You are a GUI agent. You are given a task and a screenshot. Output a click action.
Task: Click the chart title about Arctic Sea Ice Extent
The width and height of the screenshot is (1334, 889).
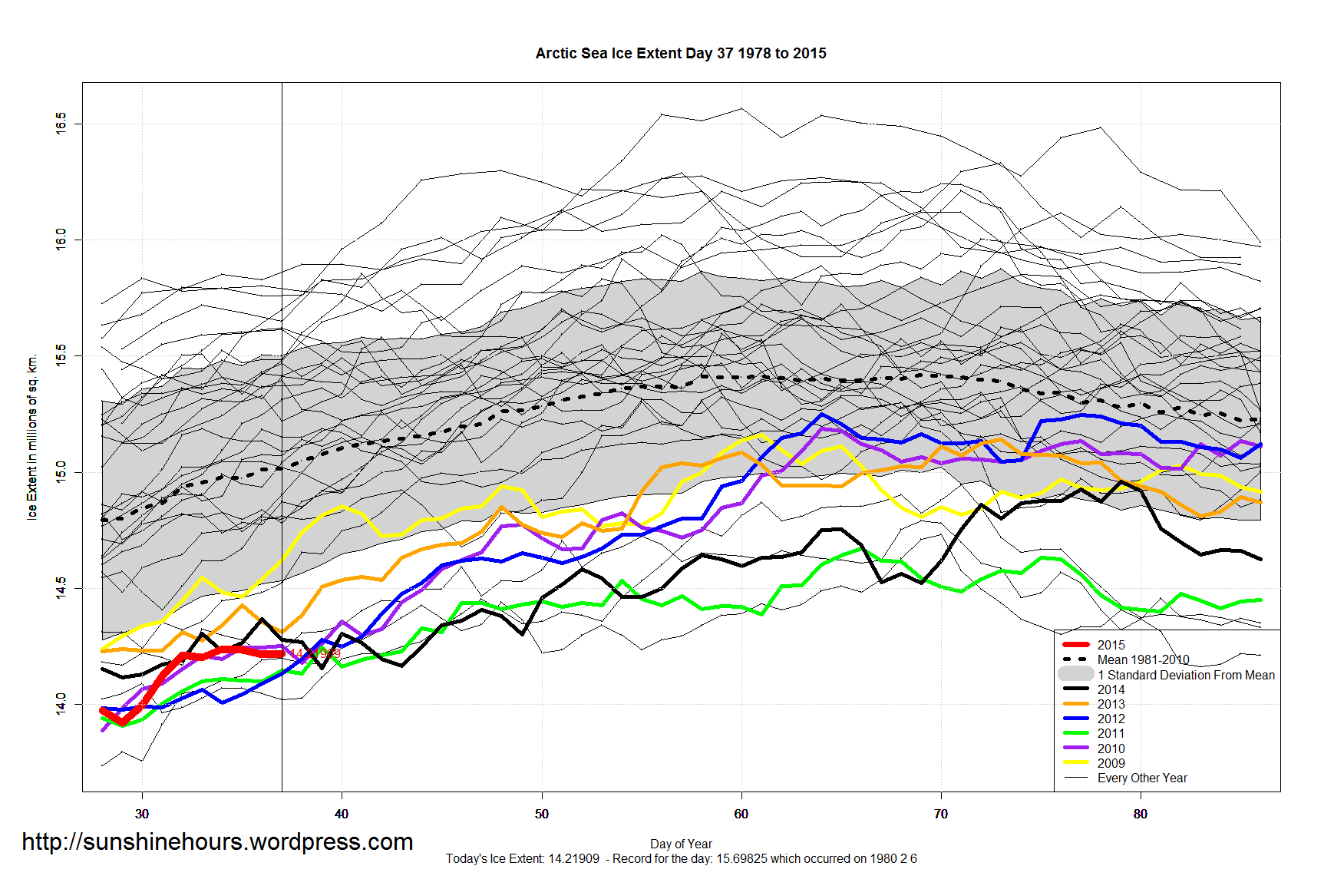click(x=681, y=53)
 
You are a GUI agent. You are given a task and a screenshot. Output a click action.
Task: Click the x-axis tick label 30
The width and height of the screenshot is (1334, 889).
click(x=142, y=814)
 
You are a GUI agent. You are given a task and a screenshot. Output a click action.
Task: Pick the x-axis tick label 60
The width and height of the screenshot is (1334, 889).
click(x=741, y=814)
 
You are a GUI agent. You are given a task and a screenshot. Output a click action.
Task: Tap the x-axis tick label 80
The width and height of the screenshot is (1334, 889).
click(x=1140, y=814)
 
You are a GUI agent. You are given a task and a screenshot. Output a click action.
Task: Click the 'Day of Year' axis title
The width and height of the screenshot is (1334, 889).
click(x=681, y=844)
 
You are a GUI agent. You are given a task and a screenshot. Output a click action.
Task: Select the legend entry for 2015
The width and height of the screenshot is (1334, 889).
click(x=1111, y=645)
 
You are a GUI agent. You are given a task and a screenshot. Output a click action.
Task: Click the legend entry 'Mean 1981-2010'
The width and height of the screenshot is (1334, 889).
click(x=1143, y=659)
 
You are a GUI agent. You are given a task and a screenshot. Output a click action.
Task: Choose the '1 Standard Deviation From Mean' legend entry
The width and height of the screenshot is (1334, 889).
click(x=1186, y=675)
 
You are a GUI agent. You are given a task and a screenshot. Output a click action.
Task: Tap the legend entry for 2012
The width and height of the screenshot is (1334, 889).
click(x=1111, y=719)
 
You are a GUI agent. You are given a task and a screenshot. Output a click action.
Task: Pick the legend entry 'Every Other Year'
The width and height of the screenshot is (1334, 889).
click(x=1142, y=778)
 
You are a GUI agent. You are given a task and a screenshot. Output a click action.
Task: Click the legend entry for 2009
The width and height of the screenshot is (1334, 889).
click(x=1111, y=763)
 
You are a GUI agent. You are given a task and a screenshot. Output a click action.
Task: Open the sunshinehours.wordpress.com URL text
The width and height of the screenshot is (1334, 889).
click(x=217, y=841)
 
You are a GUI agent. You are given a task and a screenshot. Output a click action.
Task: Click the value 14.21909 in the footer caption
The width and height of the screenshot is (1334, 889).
click(x=573, y=858)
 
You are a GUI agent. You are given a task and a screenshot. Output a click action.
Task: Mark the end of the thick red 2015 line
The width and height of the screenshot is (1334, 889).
click(x=282, y=653)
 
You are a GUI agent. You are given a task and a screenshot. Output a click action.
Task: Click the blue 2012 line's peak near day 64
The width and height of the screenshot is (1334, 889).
click(x=822, y=415)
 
